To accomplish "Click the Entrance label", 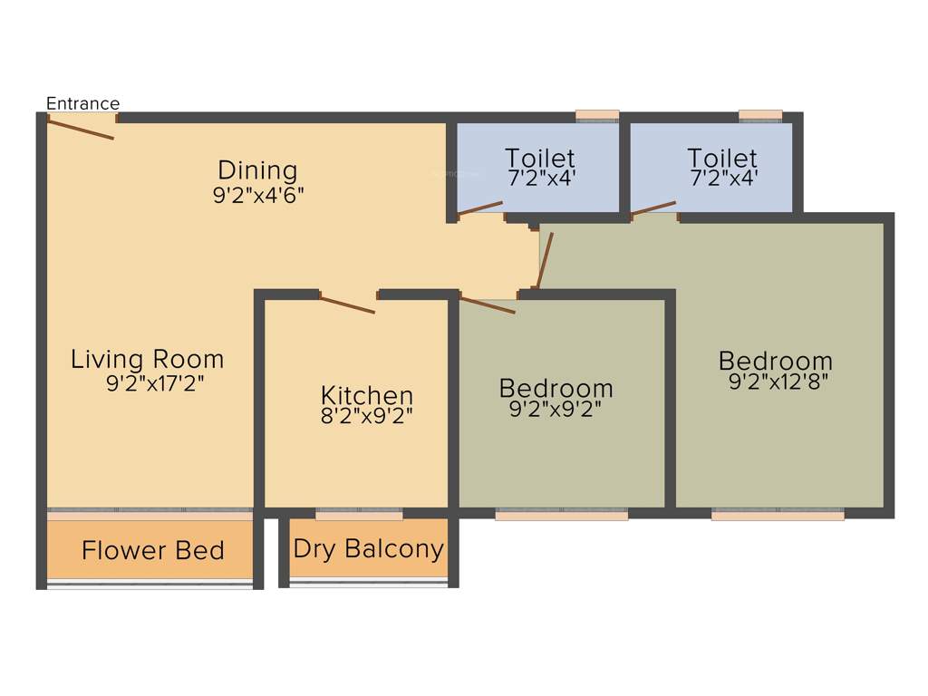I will pos(82,103).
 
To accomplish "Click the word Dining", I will pos(257,169).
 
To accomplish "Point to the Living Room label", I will pos(147,359).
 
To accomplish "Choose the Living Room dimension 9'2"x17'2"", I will pos(155,383).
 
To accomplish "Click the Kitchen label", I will pos(367,395).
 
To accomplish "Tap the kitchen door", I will pos(347,304).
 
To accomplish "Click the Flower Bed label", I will pos(152,550).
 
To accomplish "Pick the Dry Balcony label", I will pos(368,548).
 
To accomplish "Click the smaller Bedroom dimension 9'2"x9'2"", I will pos(556,410).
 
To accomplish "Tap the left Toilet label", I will pos(540,158).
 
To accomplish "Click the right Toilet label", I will pos(722,158).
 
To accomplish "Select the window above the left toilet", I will pos(597,115).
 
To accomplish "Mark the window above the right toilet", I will pos(760,115).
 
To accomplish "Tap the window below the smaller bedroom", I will pos(562,515).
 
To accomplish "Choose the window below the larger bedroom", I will pos(778,515).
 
